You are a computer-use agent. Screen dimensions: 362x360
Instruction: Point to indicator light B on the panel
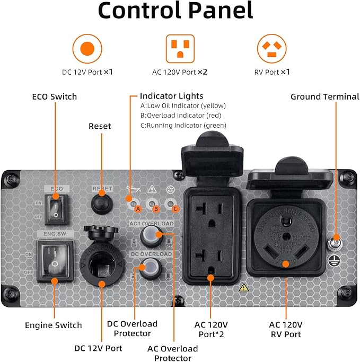151,202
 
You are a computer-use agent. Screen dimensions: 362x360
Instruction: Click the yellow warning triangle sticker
243,288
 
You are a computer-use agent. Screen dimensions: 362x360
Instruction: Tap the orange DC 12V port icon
87,49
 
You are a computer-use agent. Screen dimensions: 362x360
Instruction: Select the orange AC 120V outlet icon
180,49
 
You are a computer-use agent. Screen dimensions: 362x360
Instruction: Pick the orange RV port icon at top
271,49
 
